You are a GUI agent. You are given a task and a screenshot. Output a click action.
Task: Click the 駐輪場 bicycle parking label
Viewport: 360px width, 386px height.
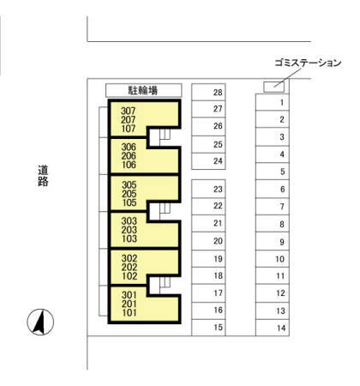tap(142, 90)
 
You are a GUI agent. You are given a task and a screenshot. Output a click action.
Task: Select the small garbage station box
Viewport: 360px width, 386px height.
tap(273, 86)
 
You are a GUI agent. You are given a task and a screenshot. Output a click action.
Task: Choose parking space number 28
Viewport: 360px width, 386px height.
tap(208, 92)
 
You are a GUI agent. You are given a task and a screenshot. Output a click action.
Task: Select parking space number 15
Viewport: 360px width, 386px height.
tap(208, 328)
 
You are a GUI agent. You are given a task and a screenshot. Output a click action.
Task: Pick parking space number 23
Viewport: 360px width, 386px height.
tap(208, 189)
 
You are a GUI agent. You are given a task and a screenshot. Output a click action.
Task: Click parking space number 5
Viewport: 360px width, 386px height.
tap(273, 172)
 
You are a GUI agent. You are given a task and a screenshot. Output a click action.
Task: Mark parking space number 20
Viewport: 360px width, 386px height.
tap(208, 241)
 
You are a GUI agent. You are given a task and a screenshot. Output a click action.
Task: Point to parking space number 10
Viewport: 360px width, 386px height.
tap(273, 259)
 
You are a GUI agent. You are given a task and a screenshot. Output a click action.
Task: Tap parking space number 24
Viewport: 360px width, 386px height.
tap(208, 161)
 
